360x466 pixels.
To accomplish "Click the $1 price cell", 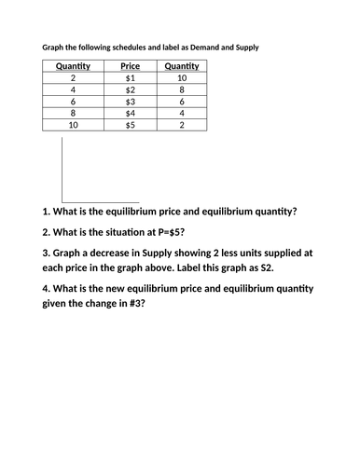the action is [130, 79].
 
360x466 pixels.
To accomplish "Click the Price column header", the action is [130, 66].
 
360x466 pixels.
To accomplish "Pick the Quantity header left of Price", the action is [72, 66].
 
